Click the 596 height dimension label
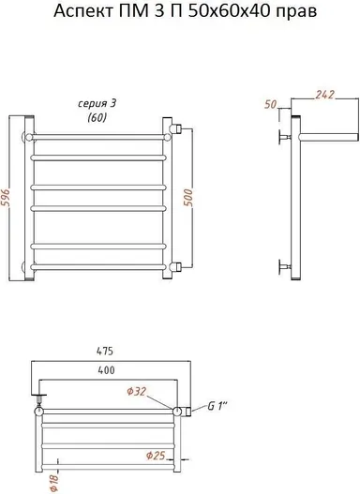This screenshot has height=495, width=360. [7, 198]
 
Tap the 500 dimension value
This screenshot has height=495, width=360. [188, 198]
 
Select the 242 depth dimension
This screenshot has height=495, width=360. [324, 95]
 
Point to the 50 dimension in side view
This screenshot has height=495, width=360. [270, 104]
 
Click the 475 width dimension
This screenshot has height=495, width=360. [104, 351]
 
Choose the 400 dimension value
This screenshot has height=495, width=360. [106, 370]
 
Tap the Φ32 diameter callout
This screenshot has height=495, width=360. [137, 392]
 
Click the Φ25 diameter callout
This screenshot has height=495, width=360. [156, 456]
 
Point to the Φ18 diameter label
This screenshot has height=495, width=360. [54, 483]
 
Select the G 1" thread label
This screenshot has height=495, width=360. [217, 406]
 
